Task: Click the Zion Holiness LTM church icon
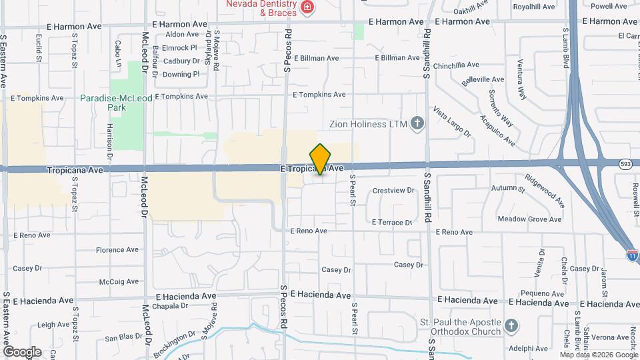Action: (x=417, y=123)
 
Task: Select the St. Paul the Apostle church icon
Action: (x=511, y=326)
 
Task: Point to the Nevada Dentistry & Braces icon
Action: (x=308, y=7)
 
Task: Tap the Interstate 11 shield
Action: (x=632, y=255)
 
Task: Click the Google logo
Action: (x=22, y=351)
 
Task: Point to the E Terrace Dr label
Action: (x=392, y=222)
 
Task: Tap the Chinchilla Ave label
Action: (x=456, y=65)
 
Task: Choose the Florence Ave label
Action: (x=117, y=250)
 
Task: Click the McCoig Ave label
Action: (x=119, y=281)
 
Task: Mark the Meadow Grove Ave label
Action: (x=530, y=219)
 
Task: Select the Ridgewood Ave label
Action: (x=545, y=190)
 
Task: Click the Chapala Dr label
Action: (x=170, y=306)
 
